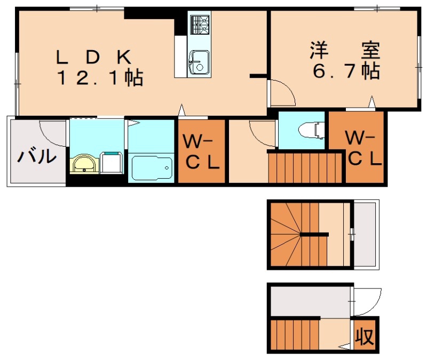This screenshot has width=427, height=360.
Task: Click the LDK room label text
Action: tap(94, 56)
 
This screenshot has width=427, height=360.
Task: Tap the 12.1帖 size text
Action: tap(100, 78)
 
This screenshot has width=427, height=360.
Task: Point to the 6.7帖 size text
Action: tap(346, 70)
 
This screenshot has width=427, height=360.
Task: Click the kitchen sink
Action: tap(199, 61)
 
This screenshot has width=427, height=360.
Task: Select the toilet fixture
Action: tap(311, 130)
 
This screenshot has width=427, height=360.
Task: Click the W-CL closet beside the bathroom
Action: tap(201, 153)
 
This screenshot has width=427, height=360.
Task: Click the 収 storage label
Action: tap(365, 338)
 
